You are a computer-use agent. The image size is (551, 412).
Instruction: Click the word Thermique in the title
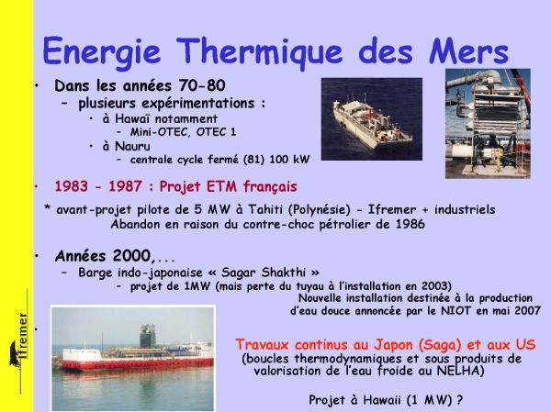coord(259,52)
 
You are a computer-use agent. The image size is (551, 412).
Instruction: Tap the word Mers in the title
coord(468,51)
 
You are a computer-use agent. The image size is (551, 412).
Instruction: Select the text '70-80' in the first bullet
coord(202,85)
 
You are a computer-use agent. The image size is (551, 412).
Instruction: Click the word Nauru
coord(132,146)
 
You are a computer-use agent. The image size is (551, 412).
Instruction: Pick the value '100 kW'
coord(289,160)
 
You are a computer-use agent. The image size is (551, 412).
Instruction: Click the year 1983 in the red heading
coord(71,186)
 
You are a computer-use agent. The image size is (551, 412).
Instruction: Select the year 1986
coord(410,224)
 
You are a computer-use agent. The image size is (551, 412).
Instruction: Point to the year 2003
coord(434,286)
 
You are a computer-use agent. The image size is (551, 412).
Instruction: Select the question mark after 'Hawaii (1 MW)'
coord(459,400)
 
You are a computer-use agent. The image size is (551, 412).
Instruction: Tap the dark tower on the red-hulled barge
coord(148,336)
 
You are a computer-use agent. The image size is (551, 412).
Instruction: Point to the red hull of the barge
coord(138,364)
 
